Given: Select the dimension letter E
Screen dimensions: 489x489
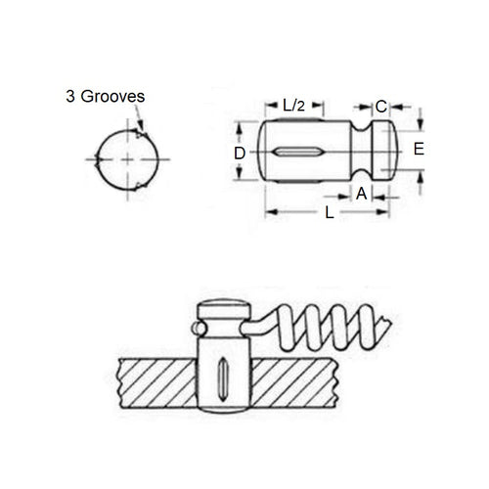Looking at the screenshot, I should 418,150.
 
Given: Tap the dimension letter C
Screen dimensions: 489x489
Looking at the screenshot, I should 381,106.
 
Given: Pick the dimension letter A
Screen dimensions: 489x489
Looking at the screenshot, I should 361,194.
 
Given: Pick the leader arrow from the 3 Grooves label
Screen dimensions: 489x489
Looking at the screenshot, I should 142,122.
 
